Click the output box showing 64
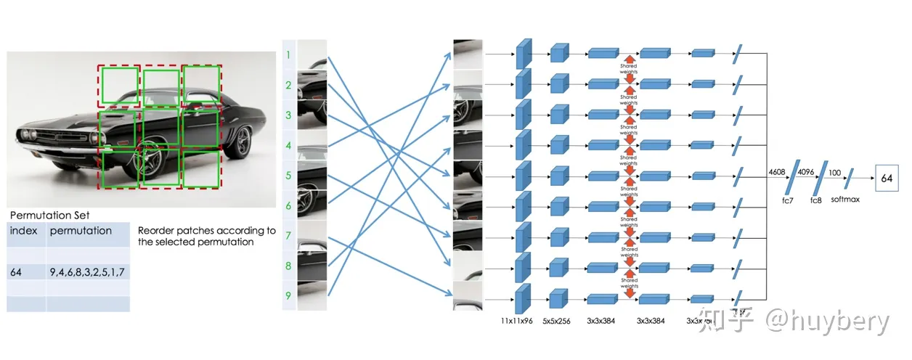pyautogui.click(x=887, y=178)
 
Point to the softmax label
pyautogui.click(x=846, y=198)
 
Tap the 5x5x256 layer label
pyautogui.click(x=557, y=320)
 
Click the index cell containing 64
pyautogui.click(x=17, y=271)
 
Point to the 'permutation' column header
pyautogui.click(x=81, y=231)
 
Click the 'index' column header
pyautogui.click(x=23, y=231)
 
